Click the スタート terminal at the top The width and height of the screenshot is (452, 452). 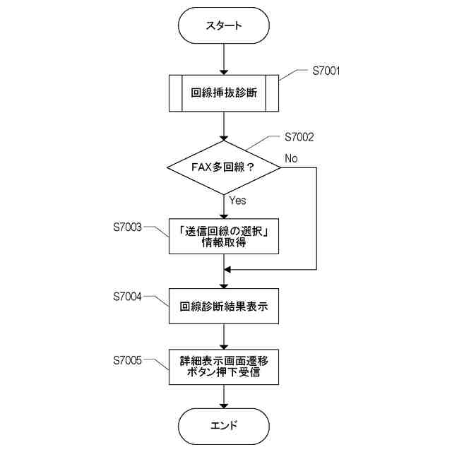(224, 26)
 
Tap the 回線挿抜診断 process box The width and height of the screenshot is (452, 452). (224, 93)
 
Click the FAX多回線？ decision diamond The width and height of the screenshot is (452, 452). (224, 167)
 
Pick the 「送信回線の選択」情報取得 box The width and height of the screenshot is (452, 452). (224, 236)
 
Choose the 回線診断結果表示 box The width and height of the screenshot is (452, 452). (224, 307)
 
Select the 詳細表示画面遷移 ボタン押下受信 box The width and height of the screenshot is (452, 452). (224, 365)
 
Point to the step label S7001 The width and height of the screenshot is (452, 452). (327, 71)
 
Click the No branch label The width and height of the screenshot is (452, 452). (291, 157)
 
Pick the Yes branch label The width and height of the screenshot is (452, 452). (238, 201)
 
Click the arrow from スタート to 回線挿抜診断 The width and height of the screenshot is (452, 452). (224, 59)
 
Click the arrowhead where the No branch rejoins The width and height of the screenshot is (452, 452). (228, 270)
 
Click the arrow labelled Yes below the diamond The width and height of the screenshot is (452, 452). (224, 205)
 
